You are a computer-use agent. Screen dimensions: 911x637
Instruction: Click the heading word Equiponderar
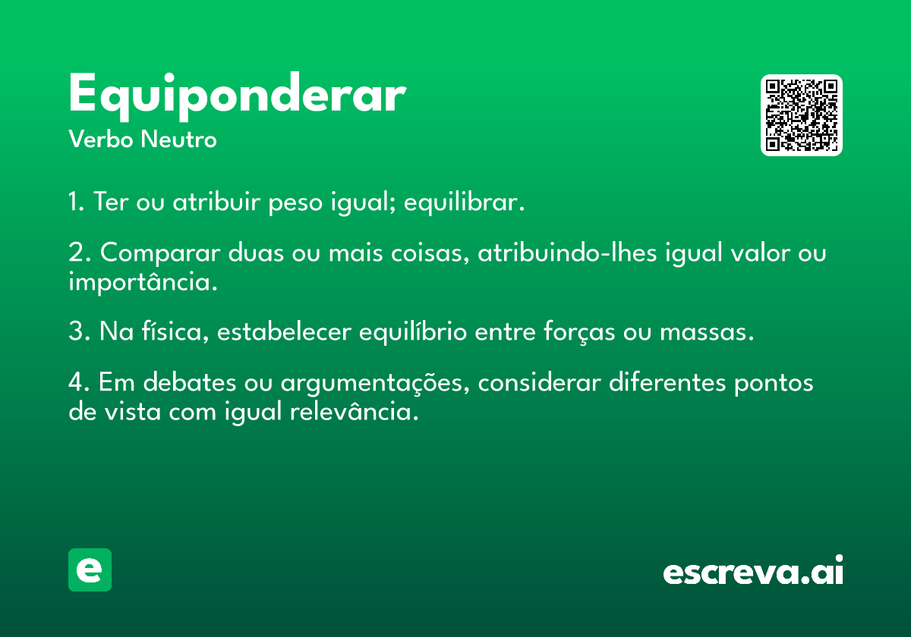(x=238, y=96)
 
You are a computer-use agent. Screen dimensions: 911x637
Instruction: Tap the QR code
(x=801, y=115)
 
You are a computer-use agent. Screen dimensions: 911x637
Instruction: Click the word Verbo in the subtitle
(x=101, y=139)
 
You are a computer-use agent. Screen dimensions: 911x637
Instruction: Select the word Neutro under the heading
(x=178, y=139)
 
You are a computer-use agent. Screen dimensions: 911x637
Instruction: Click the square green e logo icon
(x=90, y=570)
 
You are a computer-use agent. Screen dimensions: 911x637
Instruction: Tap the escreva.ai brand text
(x=753, y=570)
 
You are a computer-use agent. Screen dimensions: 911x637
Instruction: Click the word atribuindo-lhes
(x=567, y=253)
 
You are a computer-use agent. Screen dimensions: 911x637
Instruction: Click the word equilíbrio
(x=413, y=332)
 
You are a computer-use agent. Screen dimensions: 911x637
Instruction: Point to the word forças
(x=579, y=332)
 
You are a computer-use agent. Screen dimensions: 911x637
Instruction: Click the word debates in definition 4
(x=190, y=382)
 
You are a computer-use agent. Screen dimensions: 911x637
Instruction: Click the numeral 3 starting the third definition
(x=76, y=331)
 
